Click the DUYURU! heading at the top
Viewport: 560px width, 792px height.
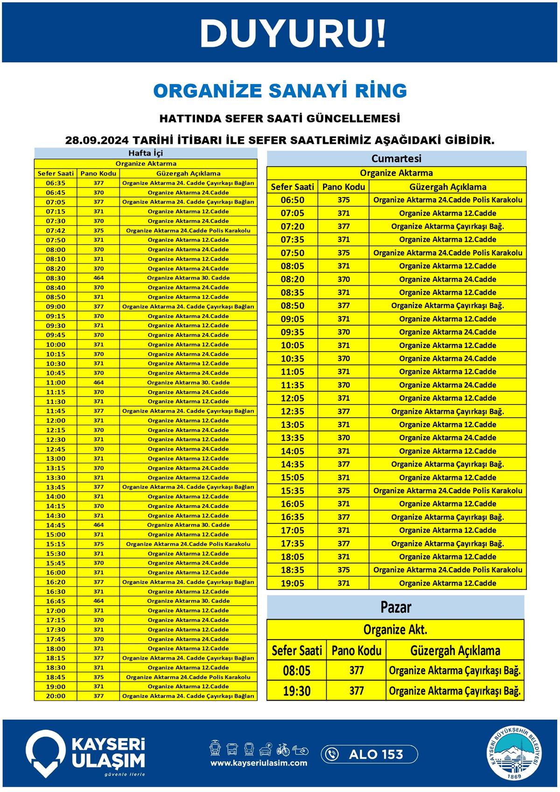pos(293,33)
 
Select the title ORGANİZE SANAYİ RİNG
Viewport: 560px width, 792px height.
pos(280,91)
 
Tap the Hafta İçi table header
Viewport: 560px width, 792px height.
pos(146,153)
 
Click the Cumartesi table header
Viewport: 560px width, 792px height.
pos(396,158)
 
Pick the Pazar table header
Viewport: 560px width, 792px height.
pos(396,607)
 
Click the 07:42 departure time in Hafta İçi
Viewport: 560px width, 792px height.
pos(56,230)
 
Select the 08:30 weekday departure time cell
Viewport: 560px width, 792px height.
pos(56,278)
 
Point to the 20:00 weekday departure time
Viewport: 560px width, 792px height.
pos(56,696)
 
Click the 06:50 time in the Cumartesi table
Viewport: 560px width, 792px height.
pos(293,200)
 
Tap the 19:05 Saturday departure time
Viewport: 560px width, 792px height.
pos(293,583)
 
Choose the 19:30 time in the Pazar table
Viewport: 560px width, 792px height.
pos(296,691)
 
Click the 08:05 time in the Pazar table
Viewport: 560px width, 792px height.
pos(296,671)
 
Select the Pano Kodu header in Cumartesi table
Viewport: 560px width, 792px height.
pos(343,187)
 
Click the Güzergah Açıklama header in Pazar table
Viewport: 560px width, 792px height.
pos(455,651)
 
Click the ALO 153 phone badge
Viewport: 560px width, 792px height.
pos(369,754)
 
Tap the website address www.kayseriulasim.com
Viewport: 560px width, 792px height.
pos(259,763)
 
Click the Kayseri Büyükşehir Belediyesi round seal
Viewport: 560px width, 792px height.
pos(516,754)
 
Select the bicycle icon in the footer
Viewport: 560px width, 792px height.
pos(283,750)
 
